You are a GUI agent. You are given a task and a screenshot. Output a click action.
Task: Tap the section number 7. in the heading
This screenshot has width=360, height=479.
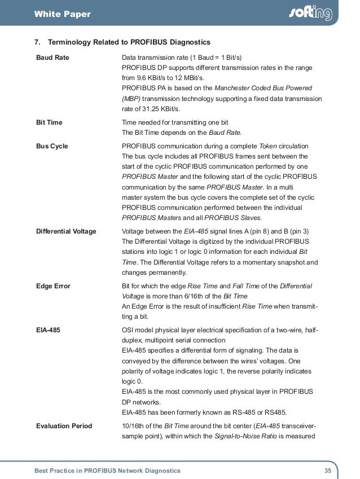click(38, 42)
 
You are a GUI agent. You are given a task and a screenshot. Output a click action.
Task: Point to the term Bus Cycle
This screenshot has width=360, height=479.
click(52, 146)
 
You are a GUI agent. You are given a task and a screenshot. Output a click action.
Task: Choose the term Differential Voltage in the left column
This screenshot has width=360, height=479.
click(66, 231)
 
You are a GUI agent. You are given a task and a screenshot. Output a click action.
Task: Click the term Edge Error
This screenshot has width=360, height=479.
click(53, 286)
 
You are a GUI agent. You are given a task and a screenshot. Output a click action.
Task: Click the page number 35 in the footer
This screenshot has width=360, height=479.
click(327, 470)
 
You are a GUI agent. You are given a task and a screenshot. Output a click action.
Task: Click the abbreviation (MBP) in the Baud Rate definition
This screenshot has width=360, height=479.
click(132, 98)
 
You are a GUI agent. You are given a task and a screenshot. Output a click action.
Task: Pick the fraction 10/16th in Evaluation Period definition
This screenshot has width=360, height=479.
click(135, 426)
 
